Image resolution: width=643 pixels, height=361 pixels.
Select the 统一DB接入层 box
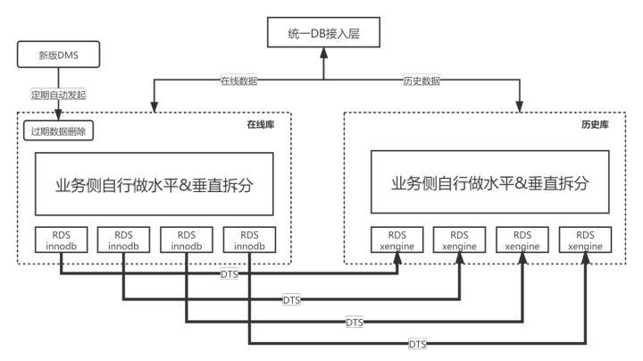[322, 36]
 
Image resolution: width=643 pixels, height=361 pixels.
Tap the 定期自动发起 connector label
[60, 93]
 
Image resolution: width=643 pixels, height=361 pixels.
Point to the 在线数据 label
[238, 80]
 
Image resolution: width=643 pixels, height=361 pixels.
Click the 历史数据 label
[422, 80]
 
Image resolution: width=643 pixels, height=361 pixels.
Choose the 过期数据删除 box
[57, 130]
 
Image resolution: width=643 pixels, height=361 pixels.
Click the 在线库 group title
[260, 124]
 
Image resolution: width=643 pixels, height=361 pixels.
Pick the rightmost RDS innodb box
[249, 239]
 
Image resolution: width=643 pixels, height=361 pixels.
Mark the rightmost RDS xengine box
[586, 239]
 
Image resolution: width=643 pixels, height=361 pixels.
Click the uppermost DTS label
[229, 274]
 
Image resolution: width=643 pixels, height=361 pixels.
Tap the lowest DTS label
[416, 343]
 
